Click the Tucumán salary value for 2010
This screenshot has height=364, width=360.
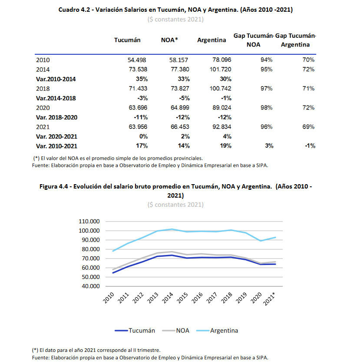pos(137,60)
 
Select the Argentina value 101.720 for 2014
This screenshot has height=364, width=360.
pos(220,69)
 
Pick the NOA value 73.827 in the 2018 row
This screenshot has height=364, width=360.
pos(180,89)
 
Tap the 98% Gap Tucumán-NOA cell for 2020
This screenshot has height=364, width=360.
pos(267,108)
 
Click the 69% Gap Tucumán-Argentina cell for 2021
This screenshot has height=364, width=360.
pos(308,127)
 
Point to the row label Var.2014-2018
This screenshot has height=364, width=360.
pos(56,98)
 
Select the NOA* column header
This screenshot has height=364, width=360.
pos(169,40)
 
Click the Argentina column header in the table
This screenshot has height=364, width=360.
pos(211,40)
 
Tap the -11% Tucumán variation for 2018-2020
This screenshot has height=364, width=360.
pos(141,117)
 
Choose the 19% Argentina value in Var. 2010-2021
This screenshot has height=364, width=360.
pos(226,146)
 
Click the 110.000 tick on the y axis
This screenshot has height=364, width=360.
pos(89,221)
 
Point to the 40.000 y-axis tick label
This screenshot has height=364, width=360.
pos(91,286)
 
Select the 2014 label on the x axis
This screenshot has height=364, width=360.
pos(168,298)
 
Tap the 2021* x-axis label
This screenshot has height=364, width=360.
pos(269,299)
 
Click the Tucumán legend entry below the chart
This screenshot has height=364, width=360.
pos(135,331)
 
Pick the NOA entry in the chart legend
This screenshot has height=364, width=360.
pos(176,331)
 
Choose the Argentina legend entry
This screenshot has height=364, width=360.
pos(217,331)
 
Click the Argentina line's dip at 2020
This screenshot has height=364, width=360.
pos(261,241)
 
